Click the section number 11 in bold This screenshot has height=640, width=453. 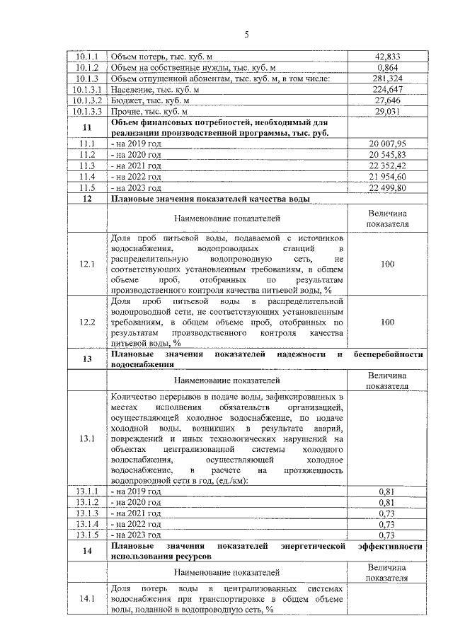point(88,128)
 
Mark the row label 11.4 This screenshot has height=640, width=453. point(88,177)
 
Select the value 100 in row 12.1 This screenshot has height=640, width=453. point(386,264)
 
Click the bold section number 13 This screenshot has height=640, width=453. point(88,359)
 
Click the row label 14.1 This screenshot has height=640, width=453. point(88,599)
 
